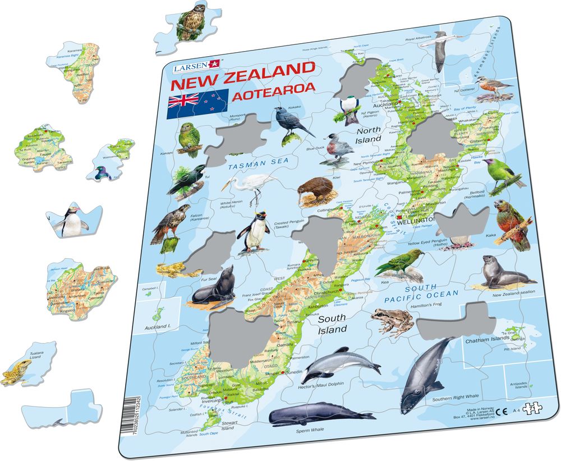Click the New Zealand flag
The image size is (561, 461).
coord(197,104)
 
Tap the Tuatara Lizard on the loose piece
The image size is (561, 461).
coord(17,371)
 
